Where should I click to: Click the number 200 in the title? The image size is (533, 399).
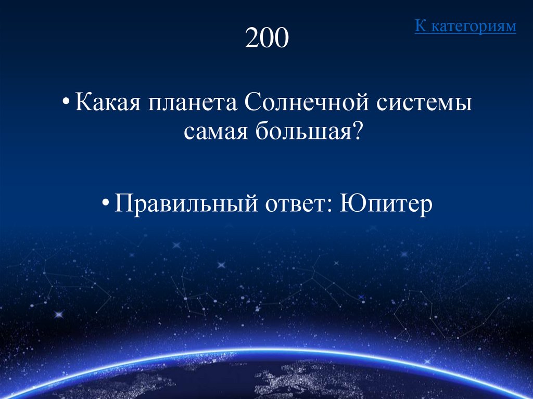click(266, 38)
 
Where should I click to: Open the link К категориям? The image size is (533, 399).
click(465, 26)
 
